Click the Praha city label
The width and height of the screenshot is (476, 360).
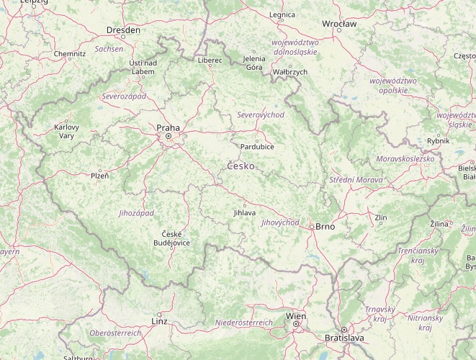tap(168, 127)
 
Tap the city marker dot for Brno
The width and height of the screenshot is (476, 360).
tap(311, 226)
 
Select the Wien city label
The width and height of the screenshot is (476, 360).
tap(295, 316)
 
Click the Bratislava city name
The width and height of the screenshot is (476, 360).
tap(344, 338)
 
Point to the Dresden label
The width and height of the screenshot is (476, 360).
tap(123, 30)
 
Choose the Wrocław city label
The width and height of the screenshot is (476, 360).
tap(339, 24)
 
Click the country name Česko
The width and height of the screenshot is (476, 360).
tap(240, 166)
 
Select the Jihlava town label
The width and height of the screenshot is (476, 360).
tap(244, 213)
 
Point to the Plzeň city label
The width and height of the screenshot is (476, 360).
tap(99, 175)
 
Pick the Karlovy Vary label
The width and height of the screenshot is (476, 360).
tap(66, 131)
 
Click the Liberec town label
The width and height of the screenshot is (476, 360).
tap(210, 60)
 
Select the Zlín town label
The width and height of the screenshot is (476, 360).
tap(381, 217)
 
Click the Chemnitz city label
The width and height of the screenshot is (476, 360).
tap(70, 53)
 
